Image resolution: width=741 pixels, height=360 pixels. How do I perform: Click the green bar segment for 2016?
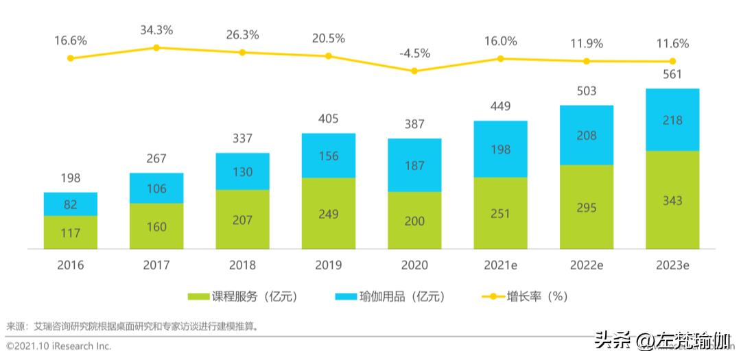pyautogui.click(x=71, y=232)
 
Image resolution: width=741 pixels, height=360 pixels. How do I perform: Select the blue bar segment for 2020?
pyautogui.click(x=414, y=165)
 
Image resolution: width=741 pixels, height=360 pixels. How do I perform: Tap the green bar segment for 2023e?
pyautogui.click(x=672, y=200)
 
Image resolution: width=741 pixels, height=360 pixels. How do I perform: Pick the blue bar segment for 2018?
pyautogui.click(x=243, y=171)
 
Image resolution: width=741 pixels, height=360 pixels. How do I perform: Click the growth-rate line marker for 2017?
pyautogui.click(x=156, y=47)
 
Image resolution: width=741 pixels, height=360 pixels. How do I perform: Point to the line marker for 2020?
pyautogui.click(x=414, y=71)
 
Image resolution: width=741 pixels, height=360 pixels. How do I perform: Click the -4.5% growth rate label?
pyautogui.click(x=414, y=53)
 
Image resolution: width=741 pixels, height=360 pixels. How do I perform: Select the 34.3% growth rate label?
pyautogui.click(x=156, y=30)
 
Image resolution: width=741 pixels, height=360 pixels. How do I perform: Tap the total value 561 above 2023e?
pyautogui.click(x=672, y=74)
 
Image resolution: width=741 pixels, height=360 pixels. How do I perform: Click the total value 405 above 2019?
pyautogui.click(x=329, y=119)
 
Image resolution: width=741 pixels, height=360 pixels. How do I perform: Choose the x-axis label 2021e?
pyautogui.click(x=500, y=265)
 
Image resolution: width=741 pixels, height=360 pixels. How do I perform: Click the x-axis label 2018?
pyautogui.click(x=243, y=265)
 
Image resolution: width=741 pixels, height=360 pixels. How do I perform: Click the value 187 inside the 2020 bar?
pyautogui.click(x=414, y=165)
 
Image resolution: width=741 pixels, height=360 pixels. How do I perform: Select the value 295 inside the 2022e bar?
pyautogui.click(x=587, y=208)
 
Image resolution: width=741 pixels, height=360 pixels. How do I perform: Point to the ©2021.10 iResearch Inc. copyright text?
pyautogui.click(x=58, y=346)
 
